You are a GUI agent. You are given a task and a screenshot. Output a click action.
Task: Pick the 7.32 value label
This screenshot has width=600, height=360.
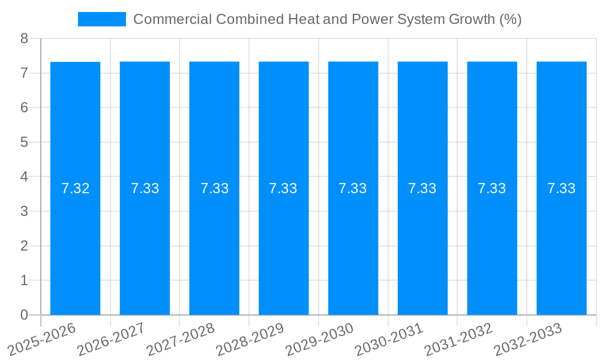click(x=75, y=188)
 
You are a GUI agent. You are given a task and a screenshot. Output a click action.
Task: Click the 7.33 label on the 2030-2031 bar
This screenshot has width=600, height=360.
click(x=422, y=188)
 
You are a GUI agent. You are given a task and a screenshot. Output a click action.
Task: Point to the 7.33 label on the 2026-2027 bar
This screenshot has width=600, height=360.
click(x=145, y=188)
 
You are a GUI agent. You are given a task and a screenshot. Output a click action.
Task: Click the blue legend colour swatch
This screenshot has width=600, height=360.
click(x=101, y=19)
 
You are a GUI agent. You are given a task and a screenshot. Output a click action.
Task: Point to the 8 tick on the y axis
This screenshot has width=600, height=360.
click(x=24, y=39)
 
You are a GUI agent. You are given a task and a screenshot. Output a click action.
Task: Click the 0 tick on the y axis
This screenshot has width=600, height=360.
click(x=24, y=315)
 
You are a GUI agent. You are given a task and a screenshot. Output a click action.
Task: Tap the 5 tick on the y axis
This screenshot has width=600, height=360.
click(x=24, y=142)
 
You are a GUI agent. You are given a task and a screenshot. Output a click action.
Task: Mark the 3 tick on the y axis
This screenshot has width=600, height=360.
click(x=24, y=211)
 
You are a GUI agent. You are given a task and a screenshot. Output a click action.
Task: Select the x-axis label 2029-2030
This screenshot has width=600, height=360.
click(x=320, y=339)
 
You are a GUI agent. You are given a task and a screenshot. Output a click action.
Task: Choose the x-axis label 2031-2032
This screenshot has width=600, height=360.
click(x=458, y=339)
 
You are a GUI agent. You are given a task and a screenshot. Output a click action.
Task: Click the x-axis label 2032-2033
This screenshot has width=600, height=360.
click(x=528, y=339)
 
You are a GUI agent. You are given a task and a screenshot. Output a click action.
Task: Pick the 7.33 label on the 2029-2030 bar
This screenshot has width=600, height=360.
click(x=353, y=188)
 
